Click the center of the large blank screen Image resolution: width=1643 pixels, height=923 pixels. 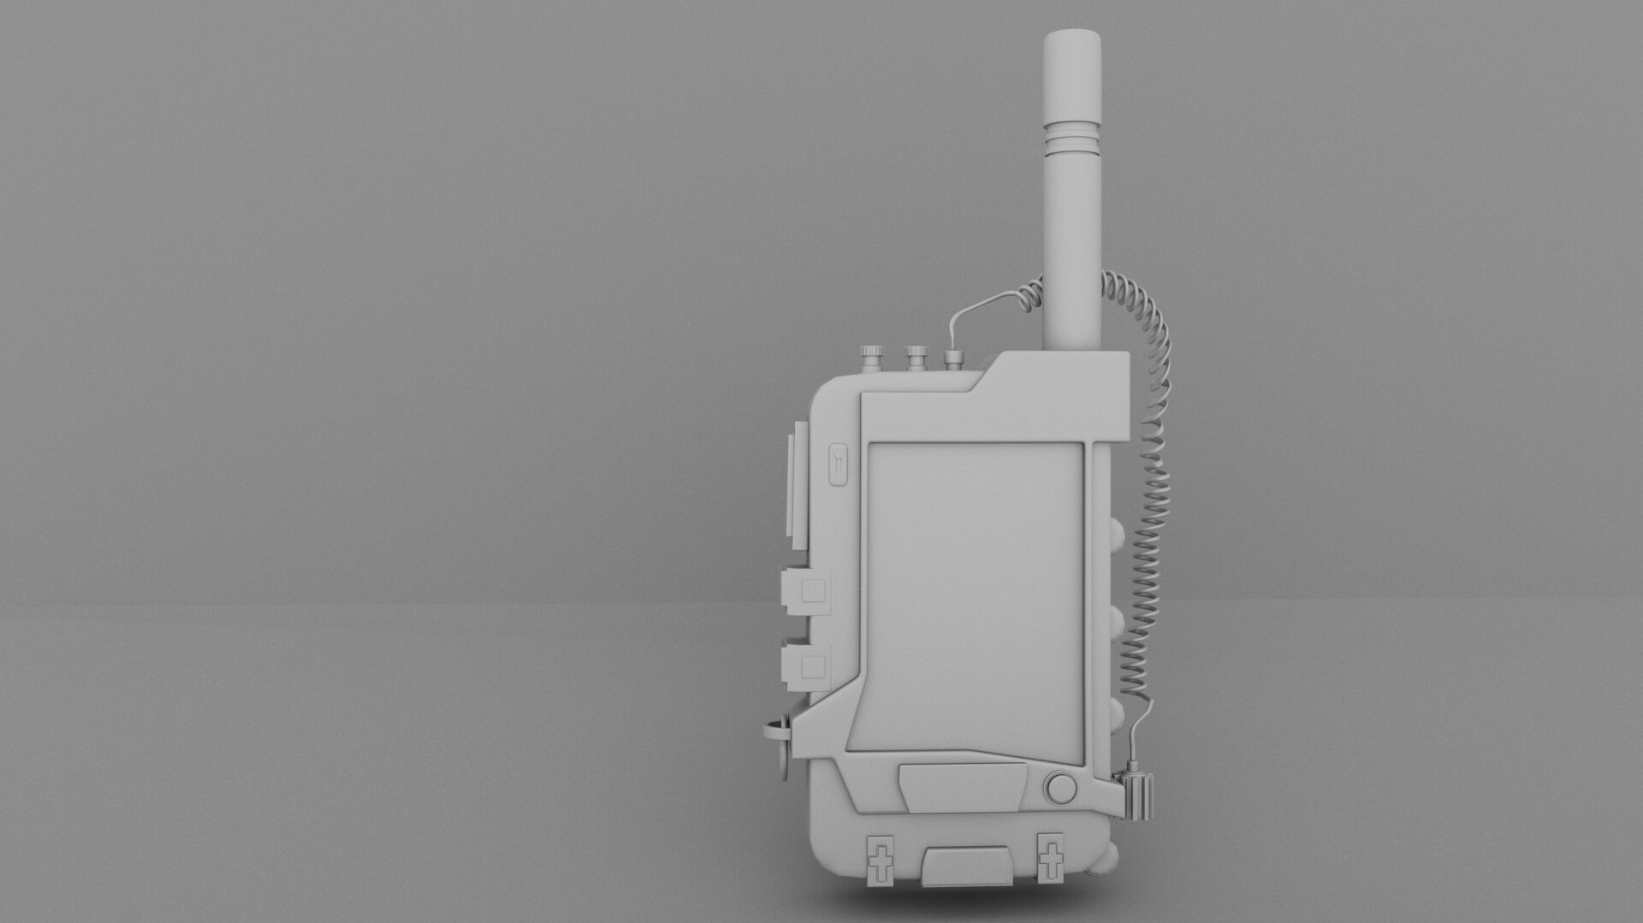[x=976, y=590]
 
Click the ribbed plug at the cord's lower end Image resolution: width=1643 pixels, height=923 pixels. [x=1140, y=796]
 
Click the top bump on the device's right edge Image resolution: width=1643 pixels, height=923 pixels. [x=1118, y=537]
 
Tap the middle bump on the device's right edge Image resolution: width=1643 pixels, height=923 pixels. [x=1118, y=618]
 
